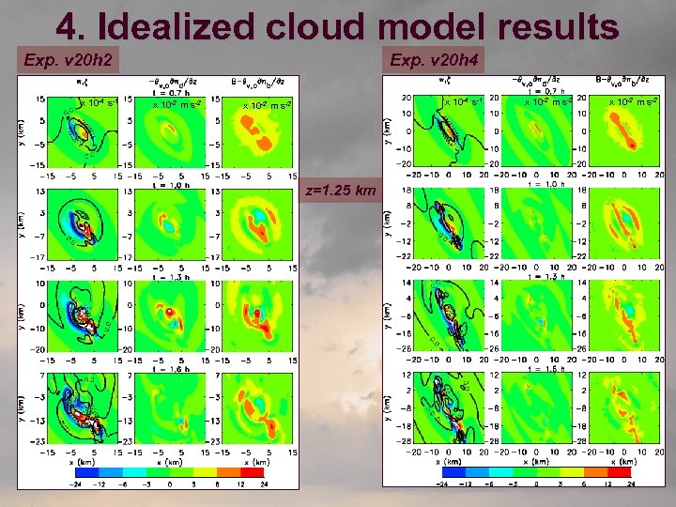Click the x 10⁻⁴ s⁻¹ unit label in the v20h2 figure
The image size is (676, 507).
(95, 102)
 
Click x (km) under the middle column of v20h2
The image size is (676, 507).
(175, 461)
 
